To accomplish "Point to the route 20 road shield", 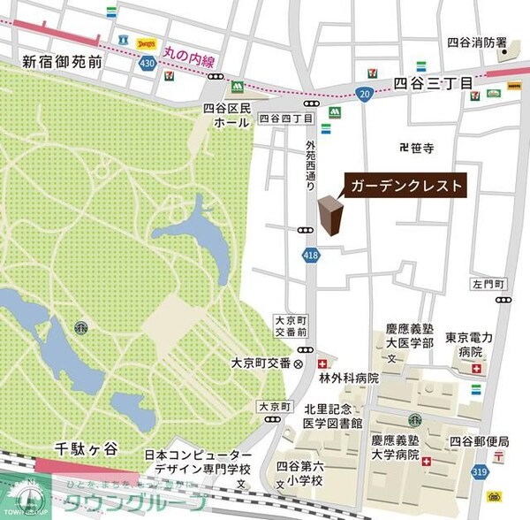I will coord(365,95).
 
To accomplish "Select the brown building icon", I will coord(329,217).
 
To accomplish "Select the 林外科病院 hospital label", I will coord(348,378).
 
